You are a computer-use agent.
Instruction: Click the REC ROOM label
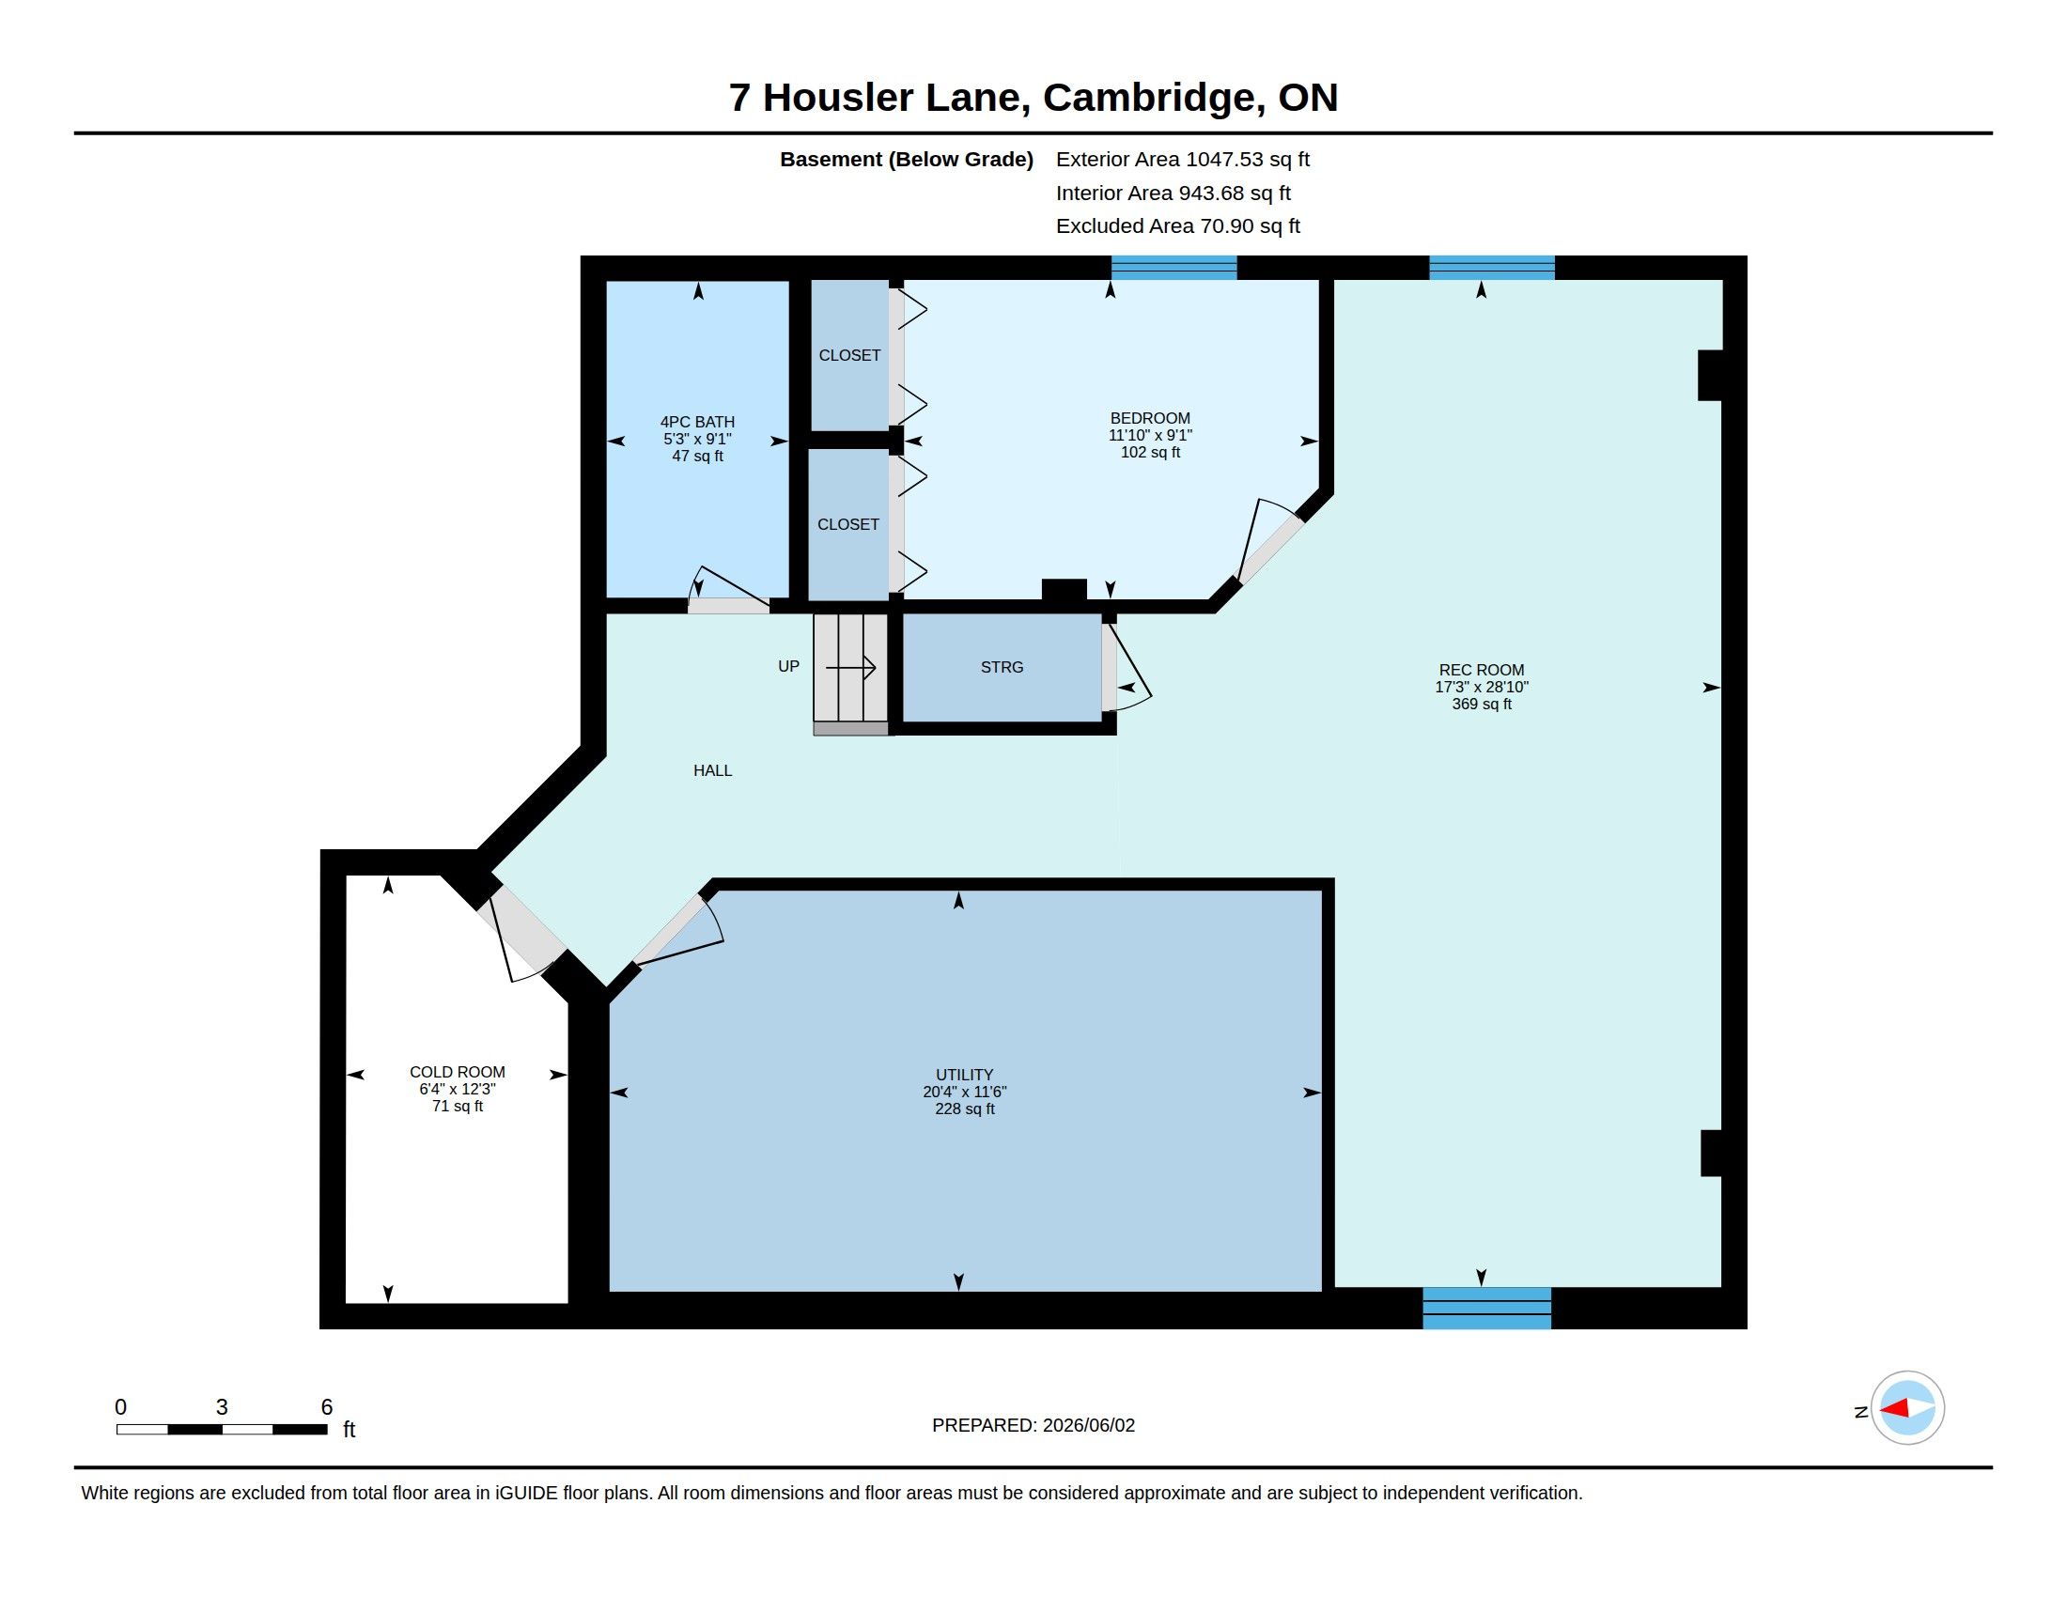tap(1481, 670)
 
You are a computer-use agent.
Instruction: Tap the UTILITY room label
tap(964, 1075)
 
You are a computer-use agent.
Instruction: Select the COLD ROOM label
tap(458, 1072)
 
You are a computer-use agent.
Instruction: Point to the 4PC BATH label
tap(697, 422)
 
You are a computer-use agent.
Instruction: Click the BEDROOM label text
tap(1150, 418)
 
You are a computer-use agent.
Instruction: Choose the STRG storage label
tap(1002, 667)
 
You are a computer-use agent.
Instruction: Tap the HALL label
tap(713, 770)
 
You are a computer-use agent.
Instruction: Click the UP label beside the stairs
tap(788, 666)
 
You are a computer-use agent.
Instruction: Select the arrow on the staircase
tap(851, 668)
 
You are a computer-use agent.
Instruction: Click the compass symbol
tap(1907, 1408)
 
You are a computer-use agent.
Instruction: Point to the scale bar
tap(222, 1429)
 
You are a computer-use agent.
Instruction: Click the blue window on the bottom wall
tap(1487, 1309)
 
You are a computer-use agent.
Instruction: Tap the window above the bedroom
tap(1173, 268)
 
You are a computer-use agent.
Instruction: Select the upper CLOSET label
tap(849, 355)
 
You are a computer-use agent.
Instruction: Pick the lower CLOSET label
tap(848, 524)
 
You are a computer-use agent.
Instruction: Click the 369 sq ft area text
tap(1481, 704)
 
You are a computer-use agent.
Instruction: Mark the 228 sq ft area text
tap(964, 1109)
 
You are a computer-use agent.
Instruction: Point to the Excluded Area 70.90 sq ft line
tap(1177, 226)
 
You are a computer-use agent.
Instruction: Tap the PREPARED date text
tap(1033, 1425)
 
